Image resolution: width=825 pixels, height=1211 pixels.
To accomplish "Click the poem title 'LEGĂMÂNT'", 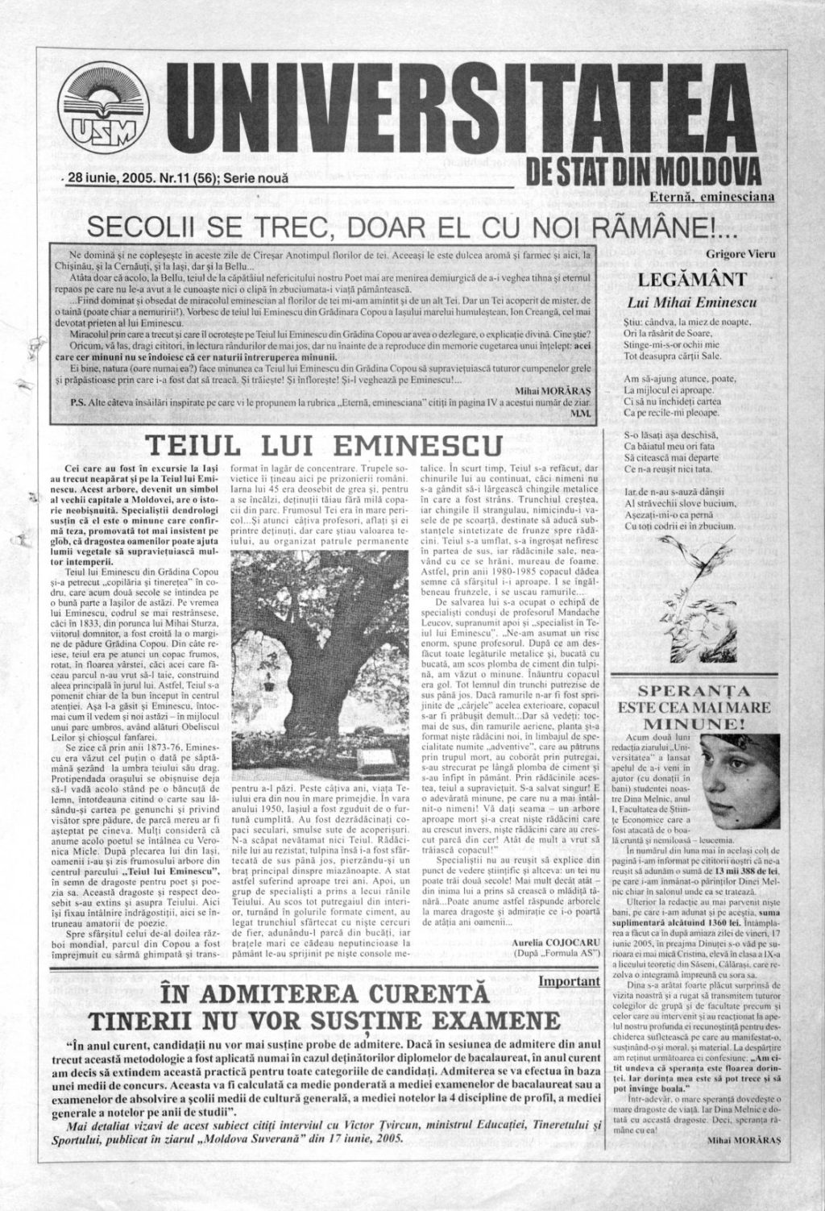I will (x=695, y=281).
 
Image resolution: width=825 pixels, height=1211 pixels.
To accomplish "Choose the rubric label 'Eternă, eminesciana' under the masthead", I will (x=712, y=196).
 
